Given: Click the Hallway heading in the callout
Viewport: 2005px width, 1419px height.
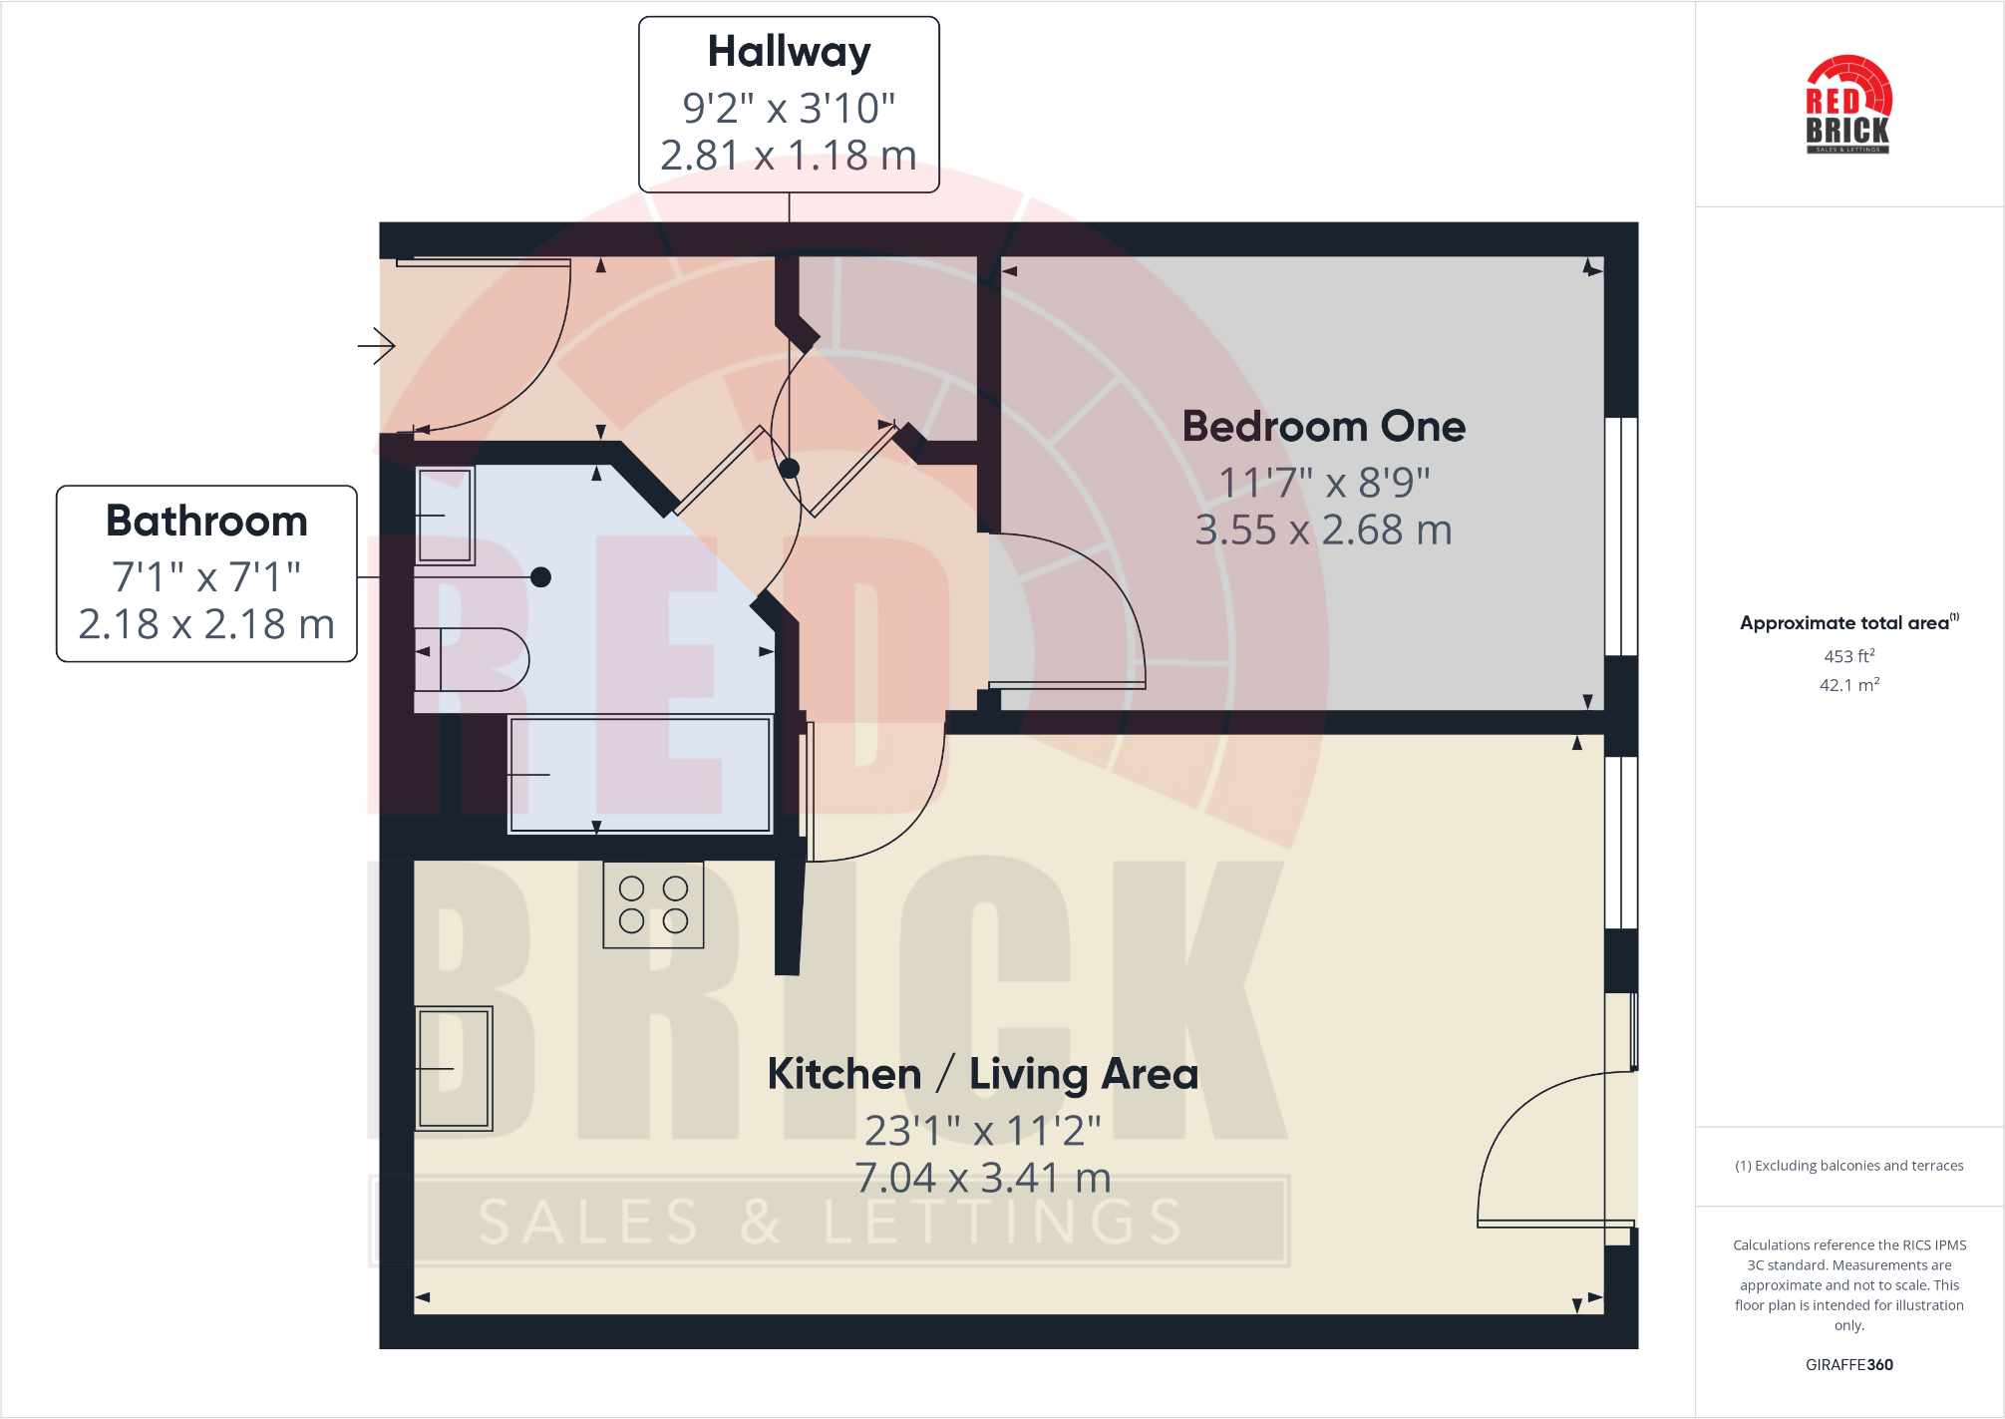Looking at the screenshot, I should [x=789, y=52].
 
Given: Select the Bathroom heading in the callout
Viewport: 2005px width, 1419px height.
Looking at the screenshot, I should [x=206, y=522].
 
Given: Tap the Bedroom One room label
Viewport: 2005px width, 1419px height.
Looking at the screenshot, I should [x=1323, y=427].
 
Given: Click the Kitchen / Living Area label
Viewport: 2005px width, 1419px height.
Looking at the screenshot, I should [x=982, y=1074].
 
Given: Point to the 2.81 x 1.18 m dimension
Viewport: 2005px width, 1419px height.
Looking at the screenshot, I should [x=788, y=156].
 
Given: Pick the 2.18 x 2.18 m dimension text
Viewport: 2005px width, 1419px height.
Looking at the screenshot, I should [x=206, y=624].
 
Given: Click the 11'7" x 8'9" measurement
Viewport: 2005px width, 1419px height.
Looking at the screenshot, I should [x=1323, y=483].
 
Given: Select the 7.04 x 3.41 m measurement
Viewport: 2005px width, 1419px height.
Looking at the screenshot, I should [x=982, y=1178].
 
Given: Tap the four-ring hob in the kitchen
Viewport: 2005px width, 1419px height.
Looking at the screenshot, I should [x=653, y=904].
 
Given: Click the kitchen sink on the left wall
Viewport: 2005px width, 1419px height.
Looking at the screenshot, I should [x=454, y=1068].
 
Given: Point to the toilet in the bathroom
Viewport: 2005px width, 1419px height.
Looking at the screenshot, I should [x=474, y=659].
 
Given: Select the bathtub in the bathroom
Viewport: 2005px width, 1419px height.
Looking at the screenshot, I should [x=640, y=774].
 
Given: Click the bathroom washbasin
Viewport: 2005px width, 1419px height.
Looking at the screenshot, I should [x=445, y=516].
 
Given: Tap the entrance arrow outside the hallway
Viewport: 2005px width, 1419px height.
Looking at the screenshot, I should [x=377, y=346].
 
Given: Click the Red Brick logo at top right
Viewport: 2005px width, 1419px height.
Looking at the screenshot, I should [x=1848, y=105].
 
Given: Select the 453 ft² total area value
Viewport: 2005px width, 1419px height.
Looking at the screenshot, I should [x=1848, y=656].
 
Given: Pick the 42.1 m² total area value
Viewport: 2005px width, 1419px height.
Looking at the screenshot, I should [x=1848, y=685].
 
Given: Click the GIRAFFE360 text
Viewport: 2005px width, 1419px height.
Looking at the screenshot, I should [x=1848, y=1365].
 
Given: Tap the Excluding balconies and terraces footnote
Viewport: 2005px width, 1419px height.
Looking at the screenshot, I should [x=1848, y=1166].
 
